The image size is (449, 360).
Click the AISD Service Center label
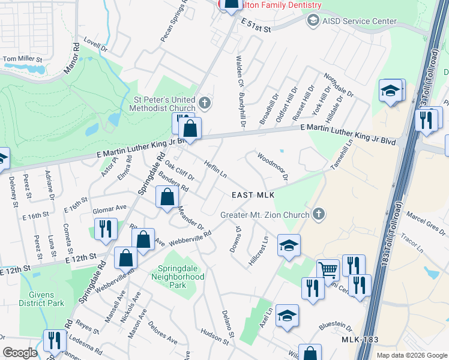coord(359,22)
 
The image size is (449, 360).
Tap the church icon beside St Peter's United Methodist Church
coord(205,103)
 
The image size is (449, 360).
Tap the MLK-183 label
coord(360,340)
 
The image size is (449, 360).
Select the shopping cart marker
coord(328,270)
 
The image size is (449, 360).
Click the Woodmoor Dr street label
coord(273,167)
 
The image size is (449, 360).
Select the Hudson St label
coord(215,339)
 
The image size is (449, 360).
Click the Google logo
coord(20,353)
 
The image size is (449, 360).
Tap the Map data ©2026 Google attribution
coord(411,355)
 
